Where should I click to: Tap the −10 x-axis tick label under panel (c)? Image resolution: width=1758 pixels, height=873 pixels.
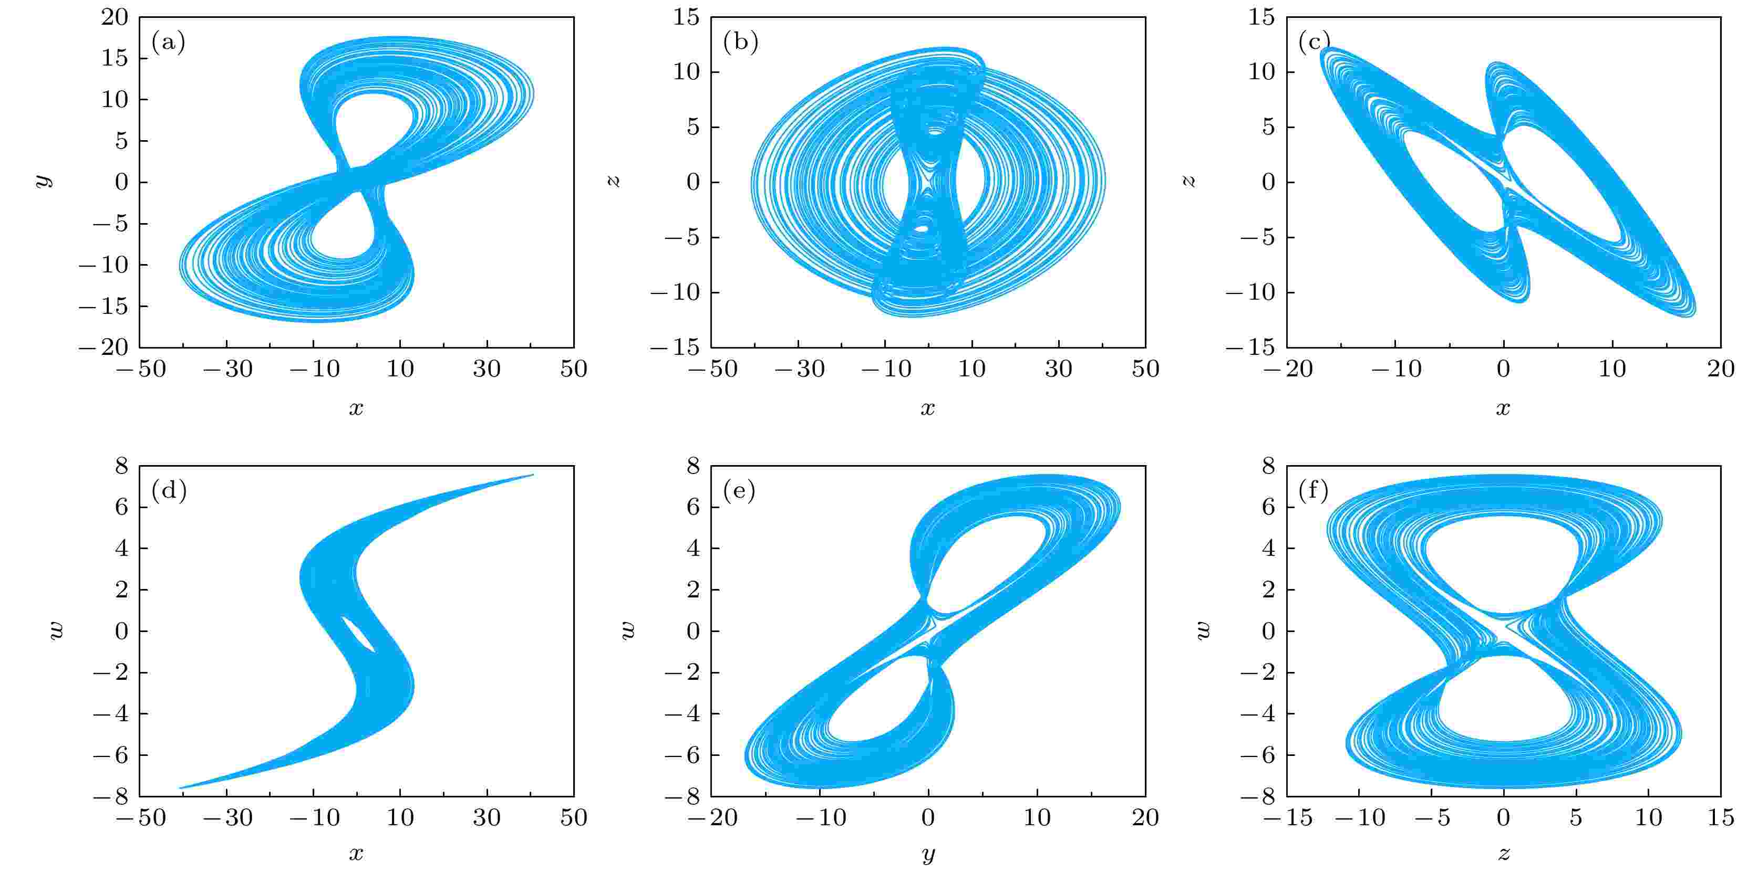(x=1395, y=370)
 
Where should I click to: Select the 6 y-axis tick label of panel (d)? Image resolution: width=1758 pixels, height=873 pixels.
(x=121, y=507)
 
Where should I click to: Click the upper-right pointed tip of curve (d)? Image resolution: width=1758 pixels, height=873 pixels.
(x=532, y=475)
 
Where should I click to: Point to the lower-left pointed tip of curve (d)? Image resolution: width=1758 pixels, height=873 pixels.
(x=180, y=788)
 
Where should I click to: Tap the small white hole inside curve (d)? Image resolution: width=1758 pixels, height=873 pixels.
(x=358, y=634)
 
